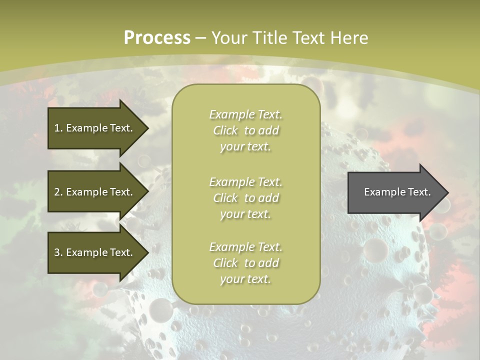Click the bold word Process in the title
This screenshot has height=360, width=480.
(157, 37)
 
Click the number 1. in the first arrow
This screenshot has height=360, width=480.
(58, 128)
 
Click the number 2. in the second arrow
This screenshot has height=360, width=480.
(58, 192)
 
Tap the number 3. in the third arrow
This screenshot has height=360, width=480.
(58, 252)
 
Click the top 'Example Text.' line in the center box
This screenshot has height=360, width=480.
(246, 114)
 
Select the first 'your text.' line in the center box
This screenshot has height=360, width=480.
(245, 147)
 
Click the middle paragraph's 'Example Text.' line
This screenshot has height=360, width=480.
(246, 181)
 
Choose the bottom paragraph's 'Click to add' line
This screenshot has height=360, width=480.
(246, 263)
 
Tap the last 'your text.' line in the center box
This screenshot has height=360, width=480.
(245, 279)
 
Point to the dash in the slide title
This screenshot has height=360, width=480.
(201, 38)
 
